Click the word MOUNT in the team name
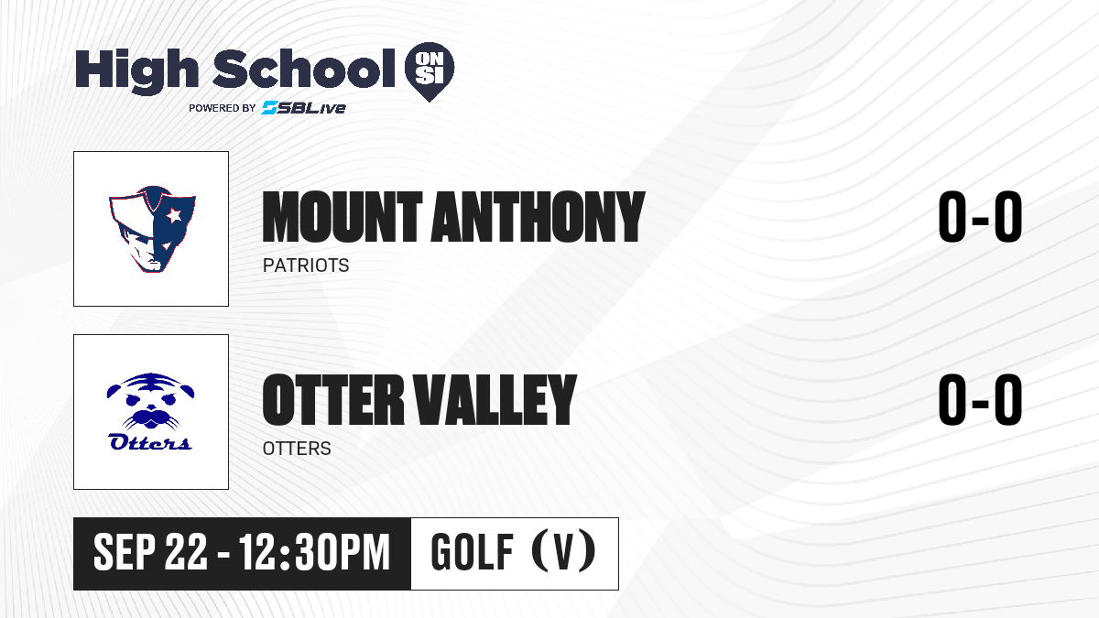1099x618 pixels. point(343,217)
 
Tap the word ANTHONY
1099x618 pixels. point(538,217)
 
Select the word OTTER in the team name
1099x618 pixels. point(333,399)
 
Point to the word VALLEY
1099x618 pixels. point(495,399)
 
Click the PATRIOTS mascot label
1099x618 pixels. point(306,266)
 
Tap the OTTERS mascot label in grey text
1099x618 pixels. point(297,449)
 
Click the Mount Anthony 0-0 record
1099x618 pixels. point(980,217)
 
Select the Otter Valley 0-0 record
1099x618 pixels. point(980,399)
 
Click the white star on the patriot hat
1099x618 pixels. point(174,215)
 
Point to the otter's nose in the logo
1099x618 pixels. point(150,407)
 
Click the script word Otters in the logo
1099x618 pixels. point(150,441)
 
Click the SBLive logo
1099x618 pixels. point(304,107)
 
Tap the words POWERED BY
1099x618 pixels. point(223,108)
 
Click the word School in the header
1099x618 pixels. point(304,69)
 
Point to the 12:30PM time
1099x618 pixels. point(314,552)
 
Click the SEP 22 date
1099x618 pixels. point(150,552)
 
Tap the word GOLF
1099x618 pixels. point(472,552)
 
